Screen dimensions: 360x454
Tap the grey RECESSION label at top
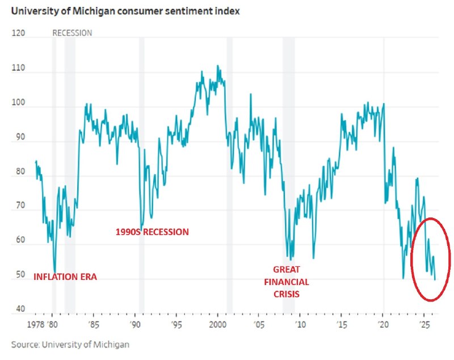point(72,33)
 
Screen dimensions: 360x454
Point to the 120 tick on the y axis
point(19,34)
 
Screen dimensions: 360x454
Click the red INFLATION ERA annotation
point(65,278)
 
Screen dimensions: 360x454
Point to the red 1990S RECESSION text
point(152,232)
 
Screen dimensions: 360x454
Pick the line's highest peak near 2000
point(218,65)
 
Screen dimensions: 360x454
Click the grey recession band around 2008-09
point(288,170)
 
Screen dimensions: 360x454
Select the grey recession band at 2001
point(229,170)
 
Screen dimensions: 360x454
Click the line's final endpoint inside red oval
point(435,280)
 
